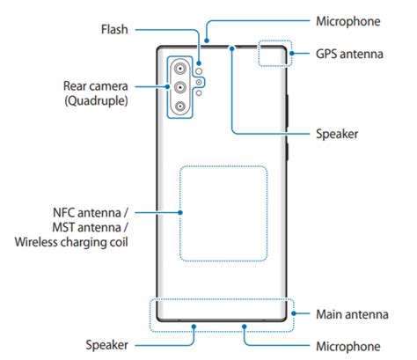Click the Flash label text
(x=112, y=29)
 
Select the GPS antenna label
(x=351, y=54)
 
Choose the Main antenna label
(x=349, y=313)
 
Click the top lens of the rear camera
(x=180, y=69)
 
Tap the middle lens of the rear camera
(x=180, y=87)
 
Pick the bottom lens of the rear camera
(x=180, y=107)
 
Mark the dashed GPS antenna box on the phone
(x=274, y=53)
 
